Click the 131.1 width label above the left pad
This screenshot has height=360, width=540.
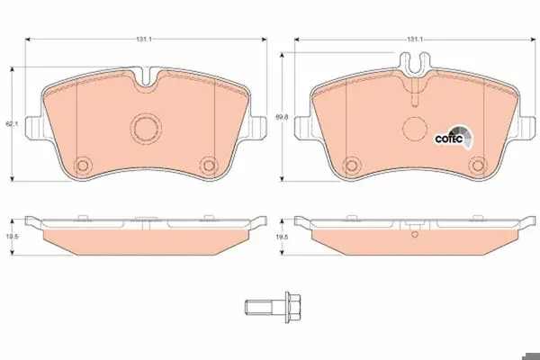144,40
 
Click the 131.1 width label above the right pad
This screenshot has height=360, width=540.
415,40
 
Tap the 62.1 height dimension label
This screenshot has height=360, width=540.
12,123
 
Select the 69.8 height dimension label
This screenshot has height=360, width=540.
282,117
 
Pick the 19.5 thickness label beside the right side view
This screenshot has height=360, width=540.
282,237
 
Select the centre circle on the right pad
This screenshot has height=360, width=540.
415,128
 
